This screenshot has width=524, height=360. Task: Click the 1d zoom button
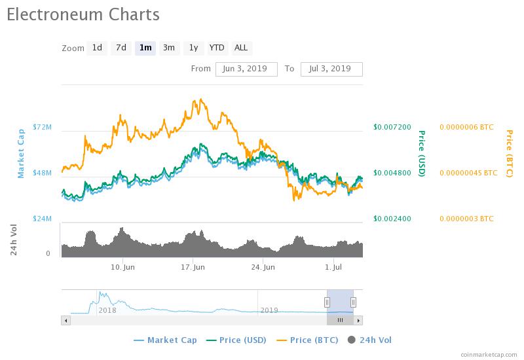[x=97, y=48]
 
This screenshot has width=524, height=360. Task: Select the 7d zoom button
[x=121, y=48]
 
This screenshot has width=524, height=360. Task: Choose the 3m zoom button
[x=169, y=48]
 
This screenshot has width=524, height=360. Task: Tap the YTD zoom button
[x=217, y=48]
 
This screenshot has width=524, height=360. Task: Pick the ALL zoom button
[x=241, y=48]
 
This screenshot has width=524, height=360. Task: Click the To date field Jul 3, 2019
[x=331, y=69]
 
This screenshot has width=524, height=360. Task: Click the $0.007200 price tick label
[x=392, y=127]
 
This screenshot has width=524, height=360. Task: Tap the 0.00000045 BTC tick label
[x=468, y=173]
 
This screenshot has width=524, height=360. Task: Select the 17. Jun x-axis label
[x=193, y=267]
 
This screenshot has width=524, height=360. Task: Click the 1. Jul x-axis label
[x=334, y=267]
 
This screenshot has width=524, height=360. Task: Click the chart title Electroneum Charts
[x=83, y=14]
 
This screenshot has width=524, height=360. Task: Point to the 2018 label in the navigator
[x=107, y=310]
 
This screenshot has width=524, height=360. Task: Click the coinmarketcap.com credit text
[x=487, y=353]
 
